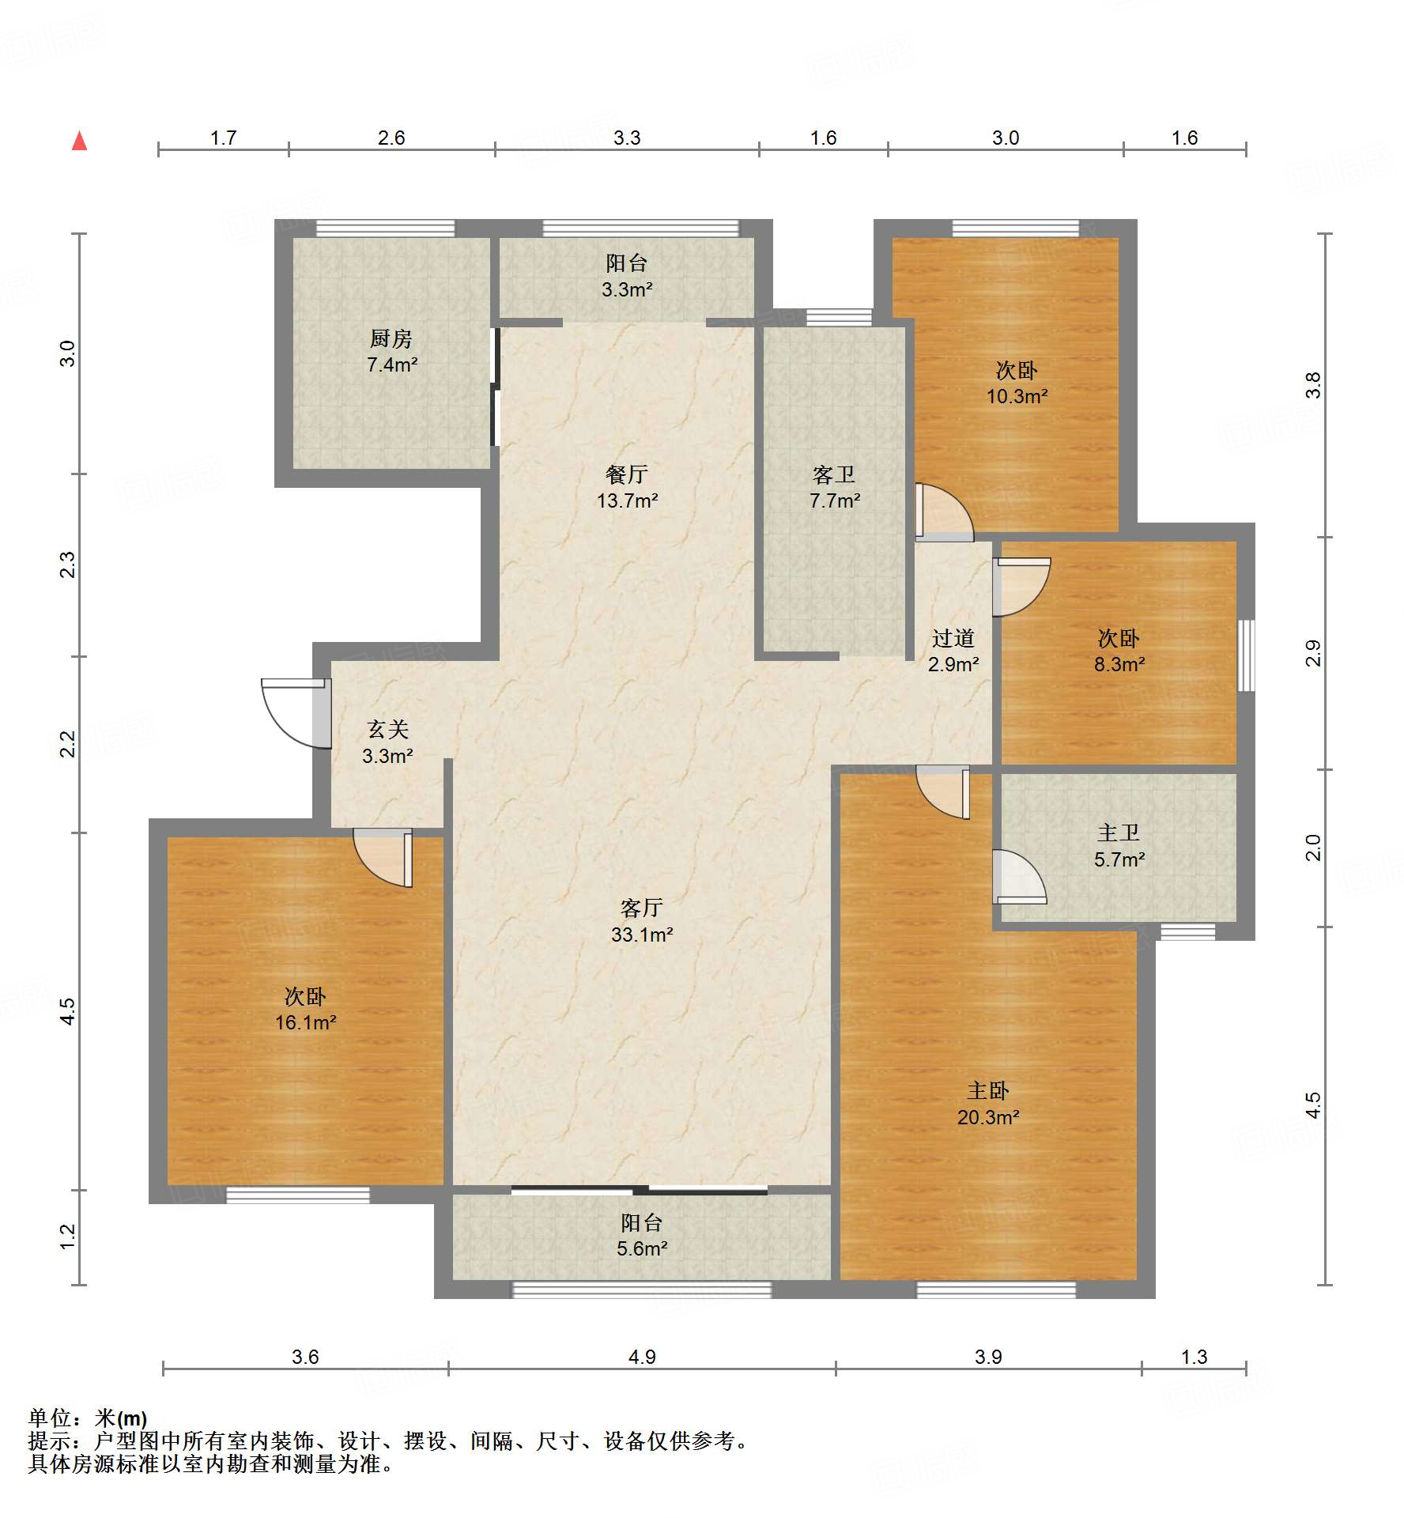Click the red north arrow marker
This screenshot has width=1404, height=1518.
pos(79,141)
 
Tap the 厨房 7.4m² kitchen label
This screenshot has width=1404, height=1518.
pos(391,351)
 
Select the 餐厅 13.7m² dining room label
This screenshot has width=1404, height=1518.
pos(627,487)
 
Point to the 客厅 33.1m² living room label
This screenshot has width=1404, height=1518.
pos(641,921)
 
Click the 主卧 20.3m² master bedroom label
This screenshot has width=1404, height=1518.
pos(988,1104)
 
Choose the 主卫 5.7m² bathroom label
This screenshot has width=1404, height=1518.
pos(1119,845)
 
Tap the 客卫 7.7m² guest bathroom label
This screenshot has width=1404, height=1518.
pos(834,487)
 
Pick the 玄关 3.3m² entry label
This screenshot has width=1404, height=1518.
pos(387,742)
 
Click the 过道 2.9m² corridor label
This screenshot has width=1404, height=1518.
pos(953,650)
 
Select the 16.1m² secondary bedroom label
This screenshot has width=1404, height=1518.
pos(305,1009)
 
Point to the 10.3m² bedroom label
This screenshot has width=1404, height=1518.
pos(1017,383)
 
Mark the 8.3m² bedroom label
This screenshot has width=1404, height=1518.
pos(1119,651)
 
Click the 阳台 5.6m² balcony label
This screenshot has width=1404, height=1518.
pos(641,1235)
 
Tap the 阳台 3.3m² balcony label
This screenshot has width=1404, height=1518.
pos(627,276)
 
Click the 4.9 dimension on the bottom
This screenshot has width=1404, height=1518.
pos(642,1357)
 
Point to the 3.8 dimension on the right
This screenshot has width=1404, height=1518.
pos(1313,385)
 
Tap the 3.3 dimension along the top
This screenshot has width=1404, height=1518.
pos(627,138)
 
